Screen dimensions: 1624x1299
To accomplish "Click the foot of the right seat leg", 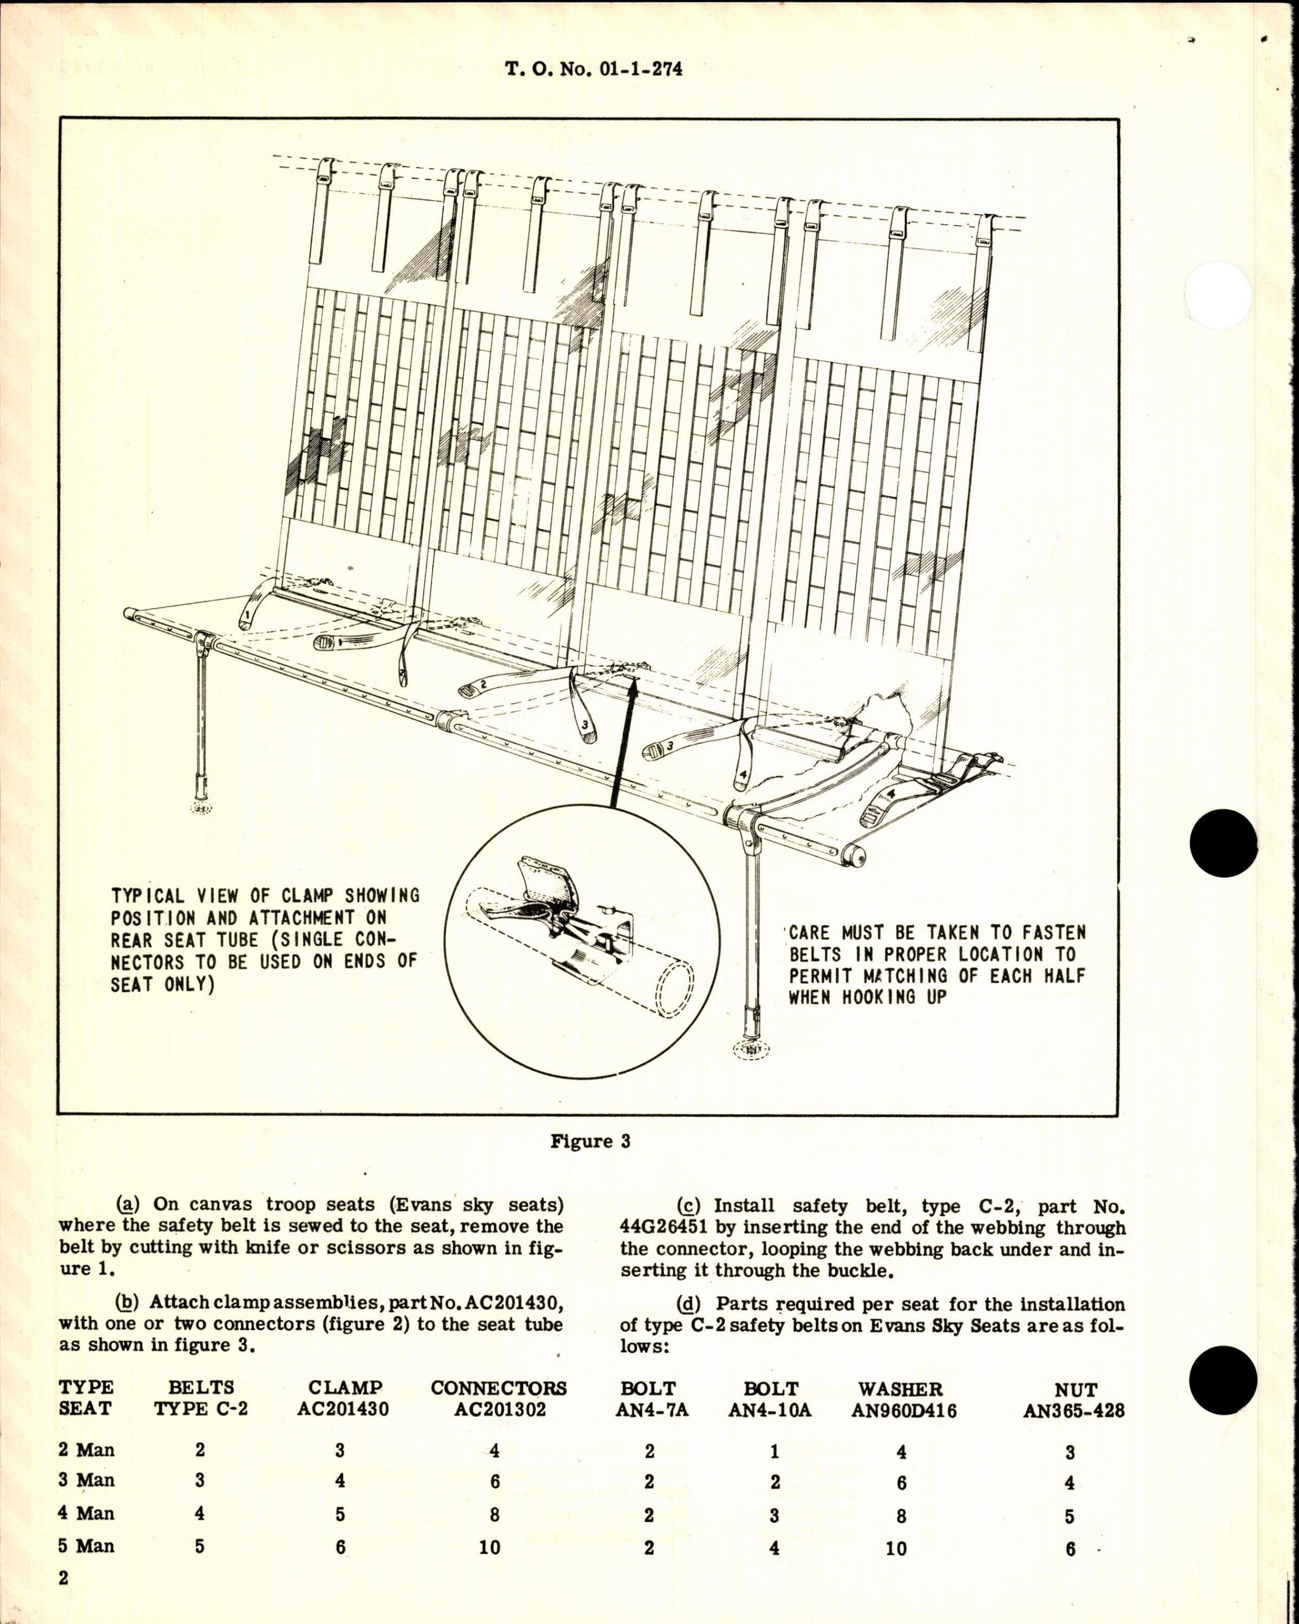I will pyautogui.click(x=752, y=1046).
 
